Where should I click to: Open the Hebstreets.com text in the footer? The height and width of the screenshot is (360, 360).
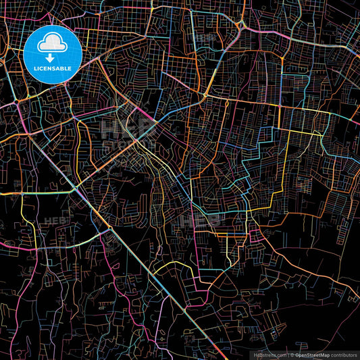[x=269, y=354]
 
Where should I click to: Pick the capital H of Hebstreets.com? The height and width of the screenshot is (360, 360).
[x=255, y=354]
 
